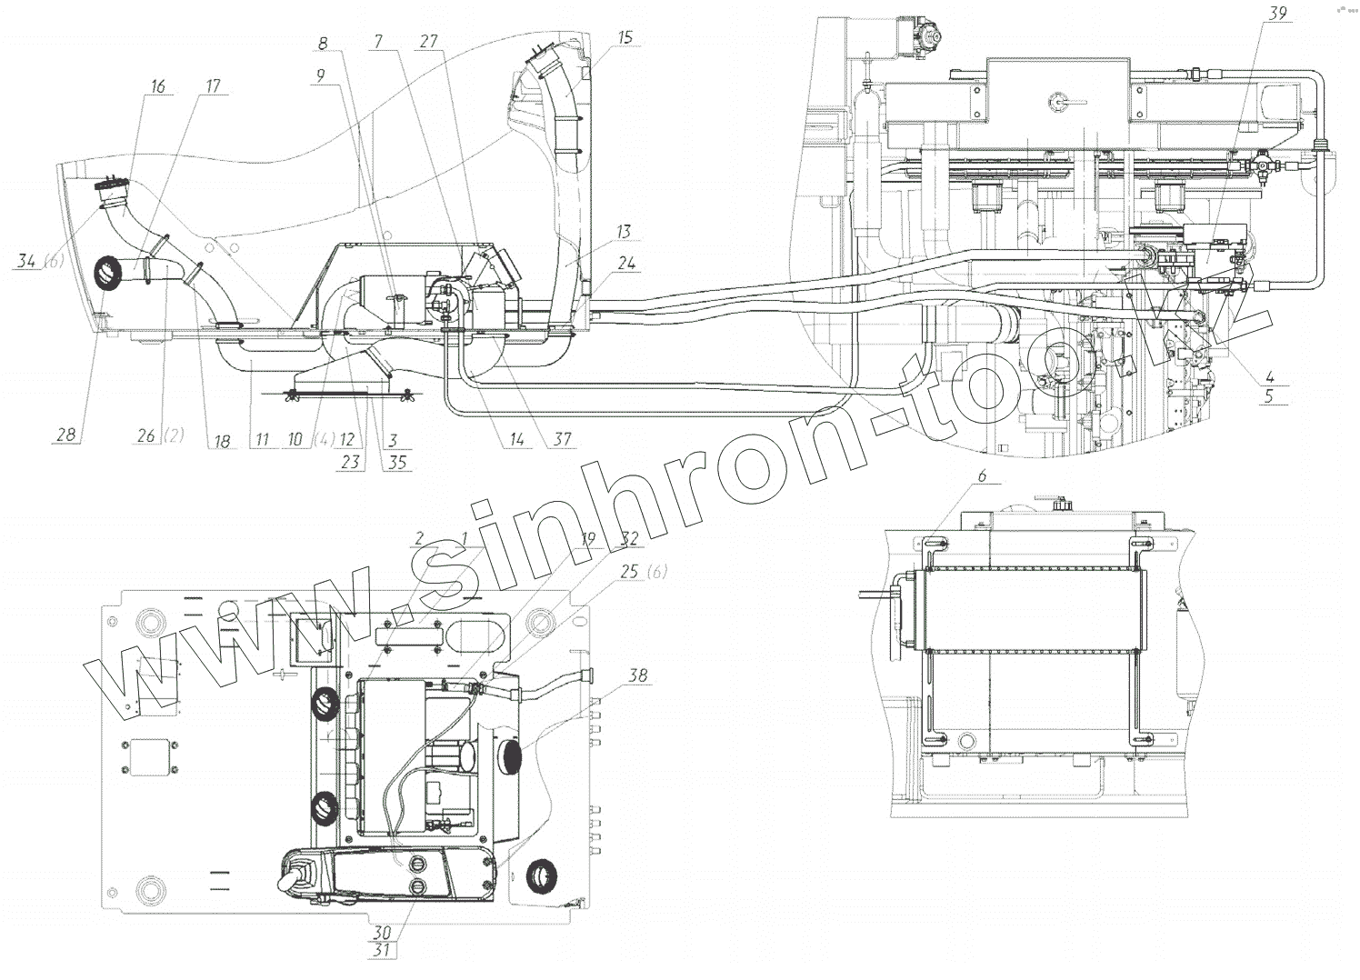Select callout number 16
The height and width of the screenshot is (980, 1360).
coord(158,86)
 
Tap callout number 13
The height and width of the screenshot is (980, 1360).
coord(623,232)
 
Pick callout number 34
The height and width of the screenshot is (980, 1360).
coord(28,263)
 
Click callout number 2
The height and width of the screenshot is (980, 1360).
coord(418,537)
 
